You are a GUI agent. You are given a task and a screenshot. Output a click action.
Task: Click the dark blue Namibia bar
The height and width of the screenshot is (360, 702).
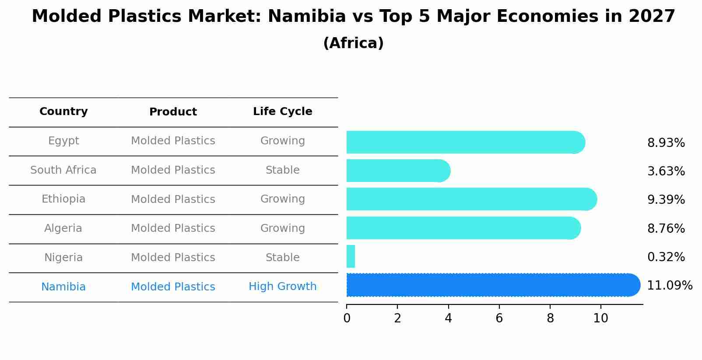pyautogui.click(x=490, y=285)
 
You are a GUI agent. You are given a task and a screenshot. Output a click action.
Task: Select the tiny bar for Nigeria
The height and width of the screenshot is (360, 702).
pyautogui.click(x=351, y=256)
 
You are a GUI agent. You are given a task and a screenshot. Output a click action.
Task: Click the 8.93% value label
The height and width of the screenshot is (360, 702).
pyautogui.click(x=666, y=143)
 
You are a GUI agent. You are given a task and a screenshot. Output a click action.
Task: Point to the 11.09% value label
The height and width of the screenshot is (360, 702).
pyautogui.click(x=669, y=286)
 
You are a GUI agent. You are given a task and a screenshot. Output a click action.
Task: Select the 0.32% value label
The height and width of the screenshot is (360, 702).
pyautogui.click(x=666, y=257)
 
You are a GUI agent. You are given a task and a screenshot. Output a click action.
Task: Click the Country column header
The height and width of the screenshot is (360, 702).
pyautogui.click(x=63, y=112)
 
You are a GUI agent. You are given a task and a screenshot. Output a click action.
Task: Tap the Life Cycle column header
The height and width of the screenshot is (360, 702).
pyautogui.click(x=282, y=112)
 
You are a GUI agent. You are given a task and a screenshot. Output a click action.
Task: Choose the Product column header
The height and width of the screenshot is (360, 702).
pyautogui.click(x=173, y=112)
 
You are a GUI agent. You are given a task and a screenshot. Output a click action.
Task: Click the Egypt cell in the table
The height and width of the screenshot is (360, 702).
pyautogui.click(x=63, y=141)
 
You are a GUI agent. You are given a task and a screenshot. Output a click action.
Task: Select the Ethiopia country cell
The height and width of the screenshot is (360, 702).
pyautogui.click(x=63, y=199)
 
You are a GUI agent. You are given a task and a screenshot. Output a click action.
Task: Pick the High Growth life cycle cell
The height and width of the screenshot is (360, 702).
pyautogui.click(x=282, y=287)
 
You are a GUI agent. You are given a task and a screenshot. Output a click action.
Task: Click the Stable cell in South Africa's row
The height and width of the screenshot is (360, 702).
pyautogui.click(x=282, y=170)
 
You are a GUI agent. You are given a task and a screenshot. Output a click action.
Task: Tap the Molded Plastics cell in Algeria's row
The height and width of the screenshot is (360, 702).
pyautogui.click(x=173, y=228)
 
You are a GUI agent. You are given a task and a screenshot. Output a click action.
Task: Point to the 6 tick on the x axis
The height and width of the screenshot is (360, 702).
pyautogui.click(x=499, y=318)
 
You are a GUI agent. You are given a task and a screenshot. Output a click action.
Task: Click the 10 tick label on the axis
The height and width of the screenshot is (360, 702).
pyautogui.click(x=600, y=318)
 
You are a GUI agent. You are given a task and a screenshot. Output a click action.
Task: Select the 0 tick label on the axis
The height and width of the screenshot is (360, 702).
pyautogui.click(x=347, y=318)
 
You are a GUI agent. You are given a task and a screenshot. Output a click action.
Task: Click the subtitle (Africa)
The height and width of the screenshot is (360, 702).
pyautogui.click(x=353, y=43)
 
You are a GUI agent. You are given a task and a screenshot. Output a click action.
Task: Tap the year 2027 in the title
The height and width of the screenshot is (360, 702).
pyautogui.click(x=652, y=17)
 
